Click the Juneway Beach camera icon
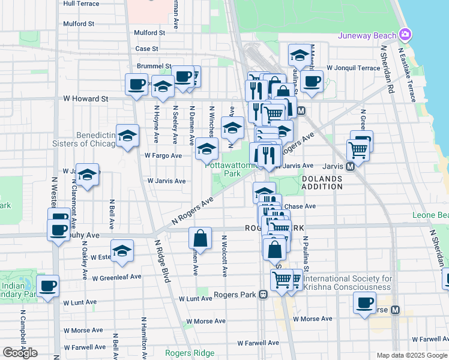[406, 35]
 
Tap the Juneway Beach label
[367, 35]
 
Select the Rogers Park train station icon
[262, 295]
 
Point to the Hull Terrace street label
[81, 4]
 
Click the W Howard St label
[86, 98]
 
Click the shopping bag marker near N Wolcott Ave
[200, 238]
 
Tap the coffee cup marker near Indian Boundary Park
[48, 286]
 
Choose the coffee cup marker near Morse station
[364, 303]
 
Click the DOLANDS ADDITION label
[322, 182]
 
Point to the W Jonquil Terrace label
[353, 68]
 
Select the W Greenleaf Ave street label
[116, 277]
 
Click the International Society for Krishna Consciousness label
[348, 283]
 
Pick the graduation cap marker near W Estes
[122, 251]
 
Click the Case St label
[146, 49]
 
